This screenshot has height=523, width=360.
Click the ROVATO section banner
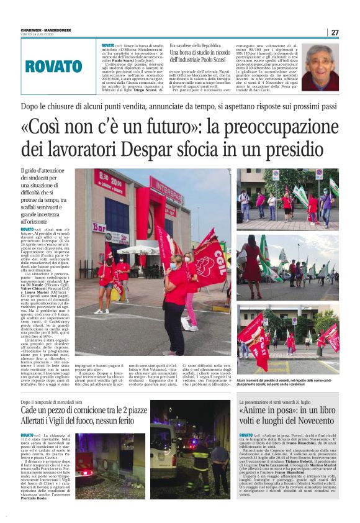pos(53,66)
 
